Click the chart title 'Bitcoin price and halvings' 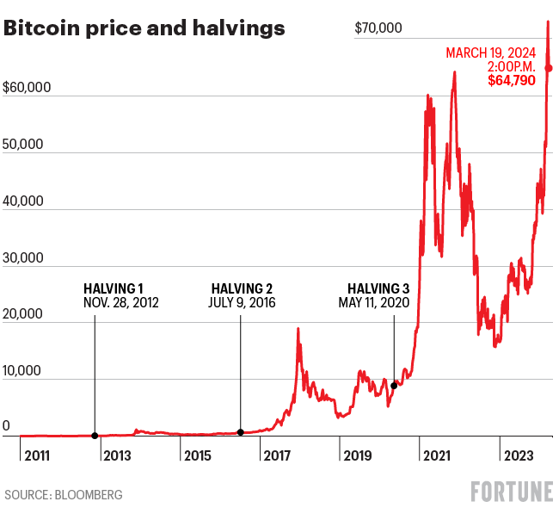point(144,28)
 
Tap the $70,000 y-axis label point(378,28)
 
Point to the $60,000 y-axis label point(28,87)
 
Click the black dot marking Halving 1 point(95,436)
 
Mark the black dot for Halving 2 point(241,432)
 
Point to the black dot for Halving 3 point(394,385)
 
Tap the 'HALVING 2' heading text point(242,288)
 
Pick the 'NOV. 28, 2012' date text point(121,303)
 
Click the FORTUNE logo point(512,492)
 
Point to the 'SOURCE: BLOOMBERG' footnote point(64,495)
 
